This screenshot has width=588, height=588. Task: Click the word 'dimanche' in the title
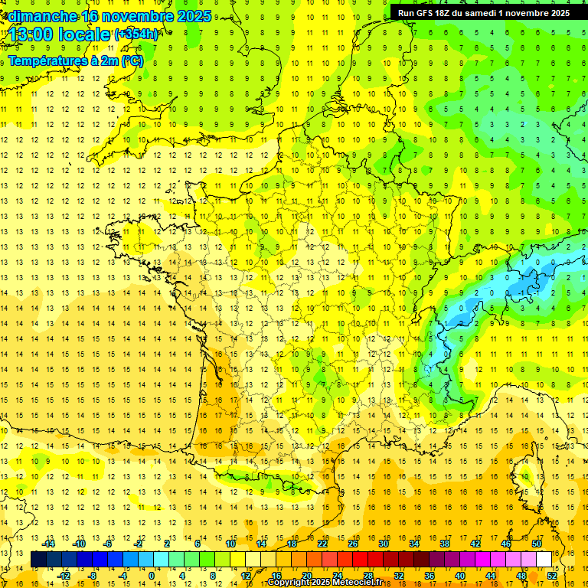pyautogui.click(x=42, y=16)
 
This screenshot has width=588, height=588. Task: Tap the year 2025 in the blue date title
pyautogui.click(x=194, y=16)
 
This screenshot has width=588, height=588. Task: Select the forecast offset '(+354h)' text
pyautogui.click(x=136, y=34)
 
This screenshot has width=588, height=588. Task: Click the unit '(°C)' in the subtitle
pyautogui.click(x=132, y=60)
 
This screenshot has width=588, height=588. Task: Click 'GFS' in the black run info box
pyautogui.click(x=425, y=13)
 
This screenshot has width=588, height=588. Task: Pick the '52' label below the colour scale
pyautogui.click(x=551, y=576)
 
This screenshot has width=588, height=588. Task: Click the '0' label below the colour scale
pyautogui.click(x=151, y=576)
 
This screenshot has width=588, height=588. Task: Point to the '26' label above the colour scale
pyautogui.click(x=353, y=544)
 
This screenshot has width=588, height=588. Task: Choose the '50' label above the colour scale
pyautogui.click(x=536, y=544)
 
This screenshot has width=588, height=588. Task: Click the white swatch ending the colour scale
pyautogui.click(x=544, y=560)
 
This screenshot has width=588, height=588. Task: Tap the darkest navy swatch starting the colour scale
pyautogui.click(x=39, y=560)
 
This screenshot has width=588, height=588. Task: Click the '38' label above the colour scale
pyautogui.click(x=445, y=544)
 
